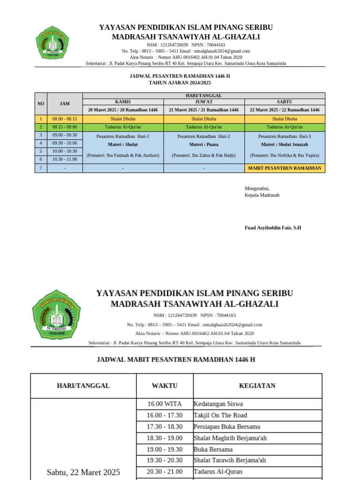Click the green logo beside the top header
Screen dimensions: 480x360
point(52,45)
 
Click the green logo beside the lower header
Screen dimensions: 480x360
point(56,314)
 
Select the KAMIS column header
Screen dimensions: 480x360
point(123,101)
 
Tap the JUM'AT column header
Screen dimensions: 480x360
point(204,101)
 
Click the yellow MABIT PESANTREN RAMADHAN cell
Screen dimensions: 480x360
point(285,168)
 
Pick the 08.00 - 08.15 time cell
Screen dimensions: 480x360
point(65,119)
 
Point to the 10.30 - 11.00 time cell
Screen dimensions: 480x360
point(65,159)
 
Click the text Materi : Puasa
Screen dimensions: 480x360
point(204,144)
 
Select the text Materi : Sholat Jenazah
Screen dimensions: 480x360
point(285,144)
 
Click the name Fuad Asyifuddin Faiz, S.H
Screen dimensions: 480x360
point(273,228)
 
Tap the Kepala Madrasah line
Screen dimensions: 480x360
point(262,195)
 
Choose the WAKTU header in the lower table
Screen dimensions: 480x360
point(165,386)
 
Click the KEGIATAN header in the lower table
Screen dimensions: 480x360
point(257,386)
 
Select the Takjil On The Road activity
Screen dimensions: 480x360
point(220,415)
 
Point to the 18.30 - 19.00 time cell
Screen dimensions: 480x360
point(165,438)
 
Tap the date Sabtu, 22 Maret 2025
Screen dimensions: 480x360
point(83,472)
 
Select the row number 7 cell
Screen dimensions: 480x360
point(41,168)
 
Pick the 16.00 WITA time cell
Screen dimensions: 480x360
point(165,404)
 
